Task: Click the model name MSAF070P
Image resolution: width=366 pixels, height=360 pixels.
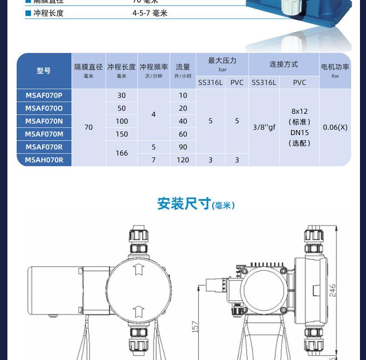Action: click(x=44, y=96)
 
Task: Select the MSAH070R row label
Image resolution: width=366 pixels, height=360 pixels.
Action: click(x=44, y=160)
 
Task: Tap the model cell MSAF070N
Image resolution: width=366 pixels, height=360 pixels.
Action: click(x=44, y=121)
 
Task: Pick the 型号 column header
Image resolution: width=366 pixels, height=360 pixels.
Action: click(x=44, y=71)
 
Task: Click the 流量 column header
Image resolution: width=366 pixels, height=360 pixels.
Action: click(x=183, y=68)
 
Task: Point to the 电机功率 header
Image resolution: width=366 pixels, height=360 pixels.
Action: click(x=335, y=67)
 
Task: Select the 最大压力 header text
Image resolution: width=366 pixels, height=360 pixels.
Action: click(x=222, y=61)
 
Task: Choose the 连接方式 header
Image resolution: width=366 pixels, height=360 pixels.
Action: click(x=284, y=64)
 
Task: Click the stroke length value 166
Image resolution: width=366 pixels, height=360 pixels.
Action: click(x=121, y=153)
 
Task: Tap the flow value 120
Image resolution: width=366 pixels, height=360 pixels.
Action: click(x=183, y=160)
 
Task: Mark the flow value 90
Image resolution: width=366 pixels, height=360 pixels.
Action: click(x=183, y=147)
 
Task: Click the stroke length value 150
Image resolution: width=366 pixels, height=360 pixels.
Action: click(x=121, y=134)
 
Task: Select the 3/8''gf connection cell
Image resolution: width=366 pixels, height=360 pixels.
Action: click(x=264, y=127)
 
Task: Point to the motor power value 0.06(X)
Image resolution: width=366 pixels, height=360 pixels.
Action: click(x=335, y=127)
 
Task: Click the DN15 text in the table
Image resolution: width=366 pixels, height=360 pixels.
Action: click(x=299, y=133)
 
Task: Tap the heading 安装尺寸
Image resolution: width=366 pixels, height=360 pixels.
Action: click(x=184, y=204)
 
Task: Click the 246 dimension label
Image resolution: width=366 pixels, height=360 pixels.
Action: click(x=333, y=290)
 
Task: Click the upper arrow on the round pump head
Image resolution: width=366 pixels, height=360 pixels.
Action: click(x=138, y=269)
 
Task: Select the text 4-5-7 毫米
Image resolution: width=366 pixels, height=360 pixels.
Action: click(x=150, y=13)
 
